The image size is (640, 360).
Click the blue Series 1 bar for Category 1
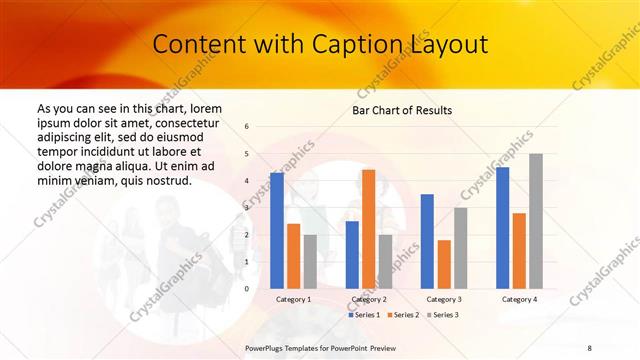277,230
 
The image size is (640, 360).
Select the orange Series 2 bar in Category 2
368,229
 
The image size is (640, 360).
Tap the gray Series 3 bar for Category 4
535,221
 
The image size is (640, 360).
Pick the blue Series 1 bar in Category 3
427,241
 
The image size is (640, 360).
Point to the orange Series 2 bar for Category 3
444,264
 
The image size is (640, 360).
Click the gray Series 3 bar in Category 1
310,261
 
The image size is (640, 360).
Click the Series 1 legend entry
365,315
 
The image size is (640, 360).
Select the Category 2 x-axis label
369,299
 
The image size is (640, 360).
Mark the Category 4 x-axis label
519,299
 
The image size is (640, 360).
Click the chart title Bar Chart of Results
402,110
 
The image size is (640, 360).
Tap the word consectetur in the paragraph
187,121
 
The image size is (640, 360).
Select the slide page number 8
589,347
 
